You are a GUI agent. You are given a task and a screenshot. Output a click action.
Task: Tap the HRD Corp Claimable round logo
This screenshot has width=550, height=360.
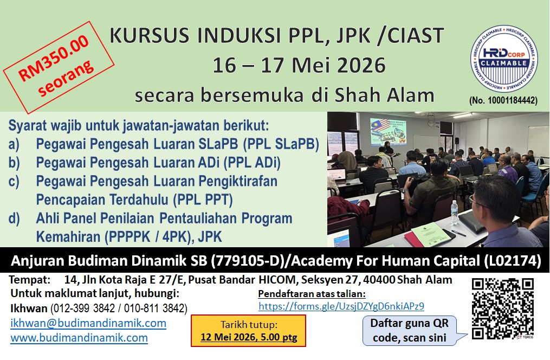coord(504,59)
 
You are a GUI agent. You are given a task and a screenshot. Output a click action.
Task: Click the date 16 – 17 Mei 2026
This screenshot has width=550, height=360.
coord(299,65)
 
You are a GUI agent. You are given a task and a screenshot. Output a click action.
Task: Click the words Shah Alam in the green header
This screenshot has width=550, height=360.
coord(384,95)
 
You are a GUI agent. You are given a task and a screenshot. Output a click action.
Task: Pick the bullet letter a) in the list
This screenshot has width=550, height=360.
coord(14,144)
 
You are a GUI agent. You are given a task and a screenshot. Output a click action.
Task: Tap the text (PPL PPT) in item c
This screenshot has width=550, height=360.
coord(203,200)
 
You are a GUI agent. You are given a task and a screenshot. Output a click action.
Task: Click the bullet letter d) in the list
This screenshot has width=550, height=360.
coord(14,218)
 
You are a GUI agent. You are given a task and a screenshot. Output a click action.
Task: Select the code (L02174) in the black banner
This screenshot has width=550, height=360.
coord(513,261)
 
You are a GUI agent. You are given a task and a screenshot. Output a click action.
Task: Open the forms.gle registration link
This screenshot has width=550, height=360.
coord(341,306)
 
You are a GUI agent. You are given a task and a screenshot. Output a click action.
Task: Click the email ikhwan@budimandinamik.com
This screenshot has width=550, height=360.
coord(88,323)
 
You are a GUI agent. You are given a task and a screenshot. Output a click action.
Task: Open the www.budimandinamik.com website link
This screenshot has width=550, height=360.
coord(79,338)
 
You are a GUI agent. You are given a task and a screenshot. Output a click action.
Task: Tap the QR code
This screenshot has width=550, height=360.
coord(503,309)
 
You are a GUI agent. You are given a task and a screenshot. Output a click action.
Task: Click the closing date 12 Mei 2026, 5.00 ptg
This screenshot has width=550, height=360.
coord(249,337)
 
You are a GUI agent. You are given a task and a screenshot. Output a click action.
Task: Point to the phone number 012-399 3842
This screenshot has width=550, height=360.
coord(84,308)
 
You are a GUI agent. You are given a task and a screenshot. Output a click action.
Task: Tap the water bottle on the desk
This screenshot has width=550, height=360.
coord(454,213)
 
